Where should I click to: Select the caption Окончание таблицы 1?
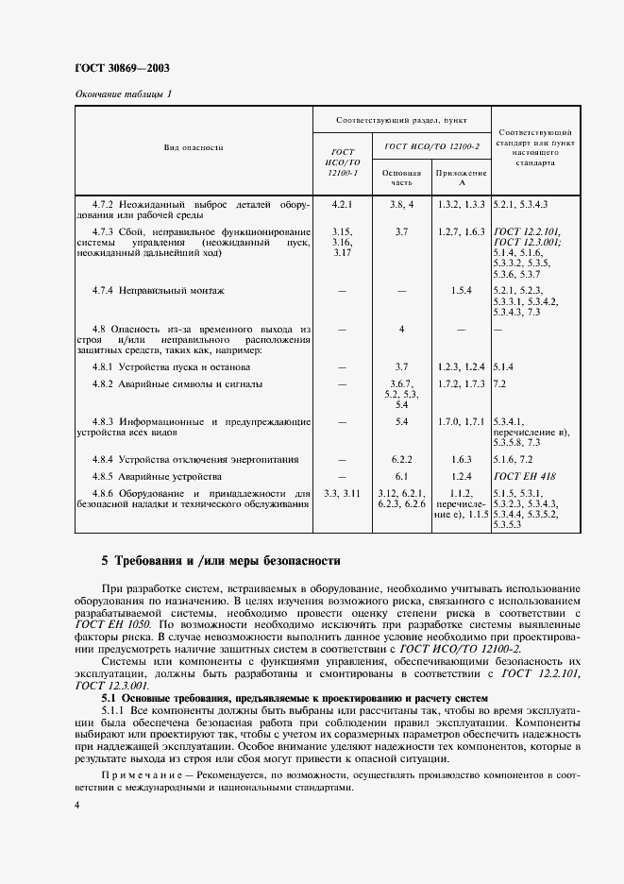point(123,93)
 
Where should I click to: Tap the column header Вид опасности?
point(194,148)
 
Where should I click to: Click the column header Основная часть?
point(401,178)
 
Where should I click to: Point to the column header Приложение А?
point(461,178)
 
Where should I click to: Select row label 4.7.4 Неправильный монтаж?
point(159,290)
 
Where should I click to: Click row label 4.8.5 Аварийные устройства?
point(157,476)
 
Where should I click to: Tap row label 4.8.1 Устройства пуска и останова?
point(171,365)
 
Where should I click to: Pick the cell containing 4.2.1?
point(342,204)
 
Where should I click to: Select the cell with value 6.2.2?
point(401,458)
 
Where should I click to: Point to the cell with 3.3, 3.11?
point(342,494)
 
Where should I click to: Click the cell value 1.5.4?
point(461,290)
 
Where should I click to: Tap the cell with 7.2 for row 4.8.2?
point(501,384)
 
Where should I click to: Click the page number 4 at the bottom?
point(76,805)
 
